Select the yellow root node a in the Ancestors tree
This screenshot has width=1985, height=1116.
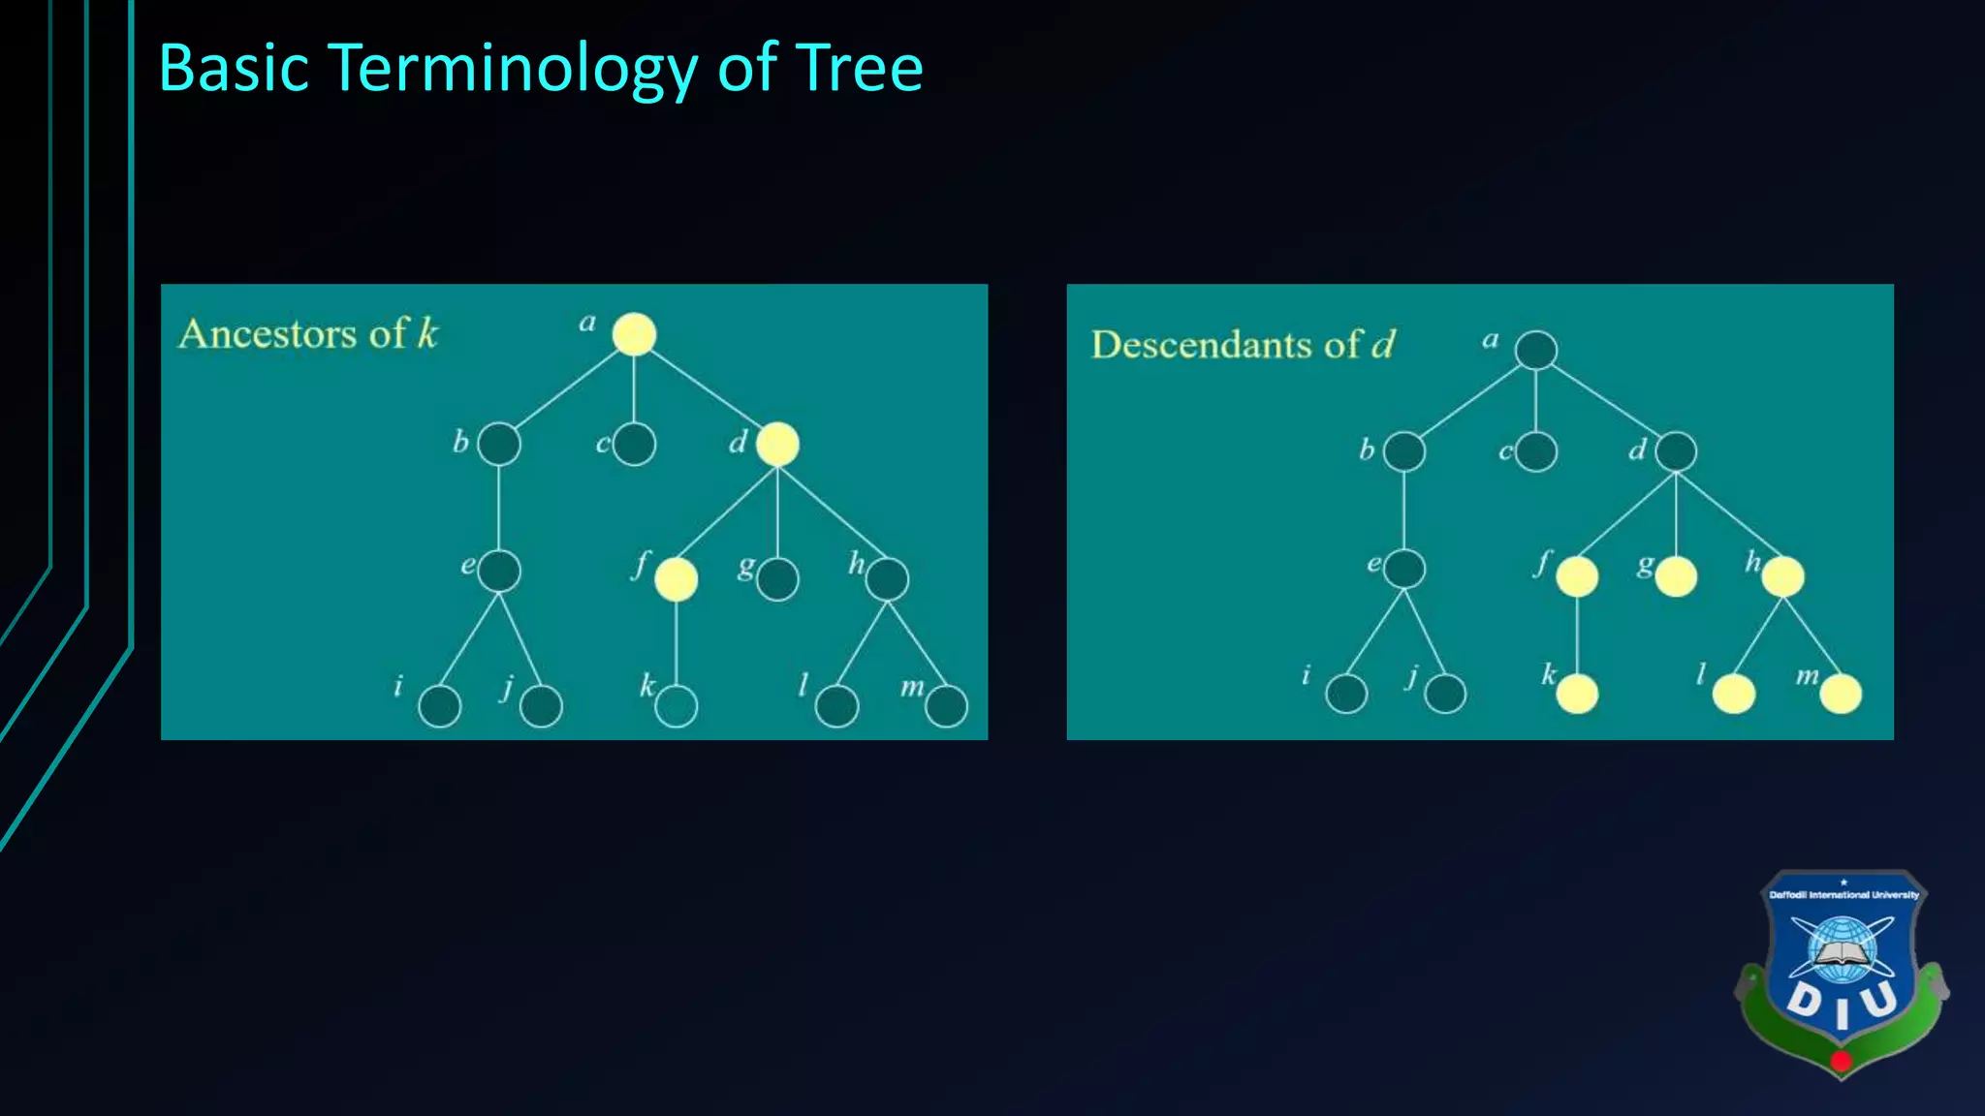click(634, 334)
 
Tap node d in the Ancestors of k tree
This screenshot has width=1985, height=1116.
click(777, 445)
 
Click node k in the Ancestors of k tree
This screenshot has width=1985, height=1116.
click(676, 706)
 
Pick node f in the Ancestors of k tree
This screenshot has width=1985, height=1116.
click(676, 579)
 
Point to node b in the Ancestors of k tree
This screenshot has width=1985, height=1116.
click(499, 445)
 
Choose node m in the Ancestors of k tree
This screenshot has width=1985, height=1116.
click(946, 706)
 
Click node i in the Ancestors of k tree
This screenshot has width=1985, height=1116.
click(439, 706)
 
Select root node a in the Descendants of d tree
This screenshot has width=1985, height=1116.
click(1535, 350)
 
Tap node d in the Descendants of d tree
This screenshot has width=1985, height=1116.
click(1676, 451)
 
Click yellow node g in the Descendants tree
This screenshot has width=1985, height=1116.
click(1676, 577)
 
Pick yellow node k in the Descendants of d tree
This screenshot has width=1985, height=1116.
click(1577, 694)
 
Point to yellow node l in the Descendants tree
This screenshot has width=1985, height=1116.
click(1734, 694)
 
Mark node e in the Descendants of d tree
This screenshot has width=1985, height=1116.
click(1404, 569)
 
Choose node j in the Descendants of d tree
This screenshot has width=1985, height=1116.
click(1445, 694)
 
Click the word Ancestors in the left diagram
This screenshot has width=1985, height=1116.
click(268, 334)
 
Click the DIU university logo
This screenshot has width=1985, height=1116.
click(1842, 974)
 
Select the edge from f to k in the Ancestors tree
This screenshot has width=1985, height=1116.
click(676, 643)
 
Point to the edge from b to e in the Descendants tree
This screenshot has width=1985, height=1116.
click(1404, 510)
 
